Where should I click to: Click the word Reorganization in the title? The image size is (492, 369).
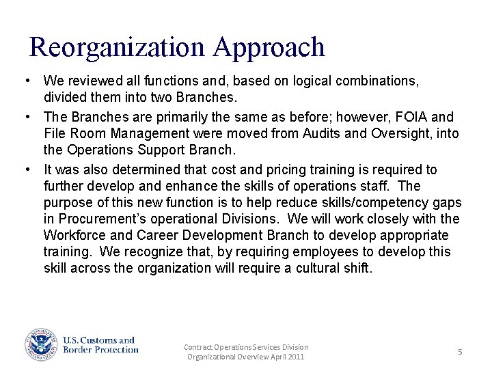click(117, 47)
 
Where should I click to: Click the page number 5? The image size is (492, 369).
click(460, 352)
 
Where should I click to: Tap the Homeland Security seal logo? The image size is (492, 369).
click(41, 345)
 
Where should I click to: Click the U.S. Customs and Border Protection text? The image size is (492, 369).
click(100, 345)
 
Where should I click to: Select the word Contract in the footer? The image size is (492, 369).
click(199, 347)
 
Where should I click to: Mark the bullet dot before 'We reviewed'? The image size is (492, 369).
click(25, 81)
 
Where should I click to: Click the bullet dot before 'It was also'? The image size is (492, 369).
click(25, 169)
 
